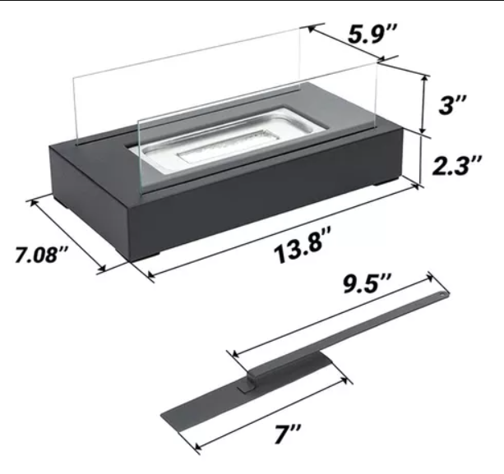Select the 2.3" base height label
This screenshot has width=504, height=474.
[x=457, y=165]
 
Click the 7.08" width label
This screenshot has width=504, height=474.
[x=41, y=255]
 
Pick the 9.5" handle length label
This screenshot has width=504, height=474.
[x=367, y=283]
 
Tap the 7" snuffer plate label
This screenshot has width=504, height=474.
[x=288, y=435]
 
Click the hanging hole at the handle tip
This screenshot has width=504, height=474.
[x=443, y=293]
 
